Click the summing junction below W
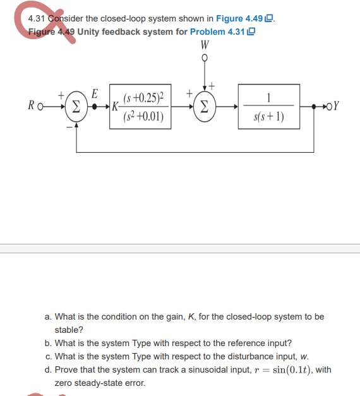[x=204, y=105]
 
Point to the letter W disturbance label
[x=204, y=45]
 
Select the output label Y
[x=337, y=105]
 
